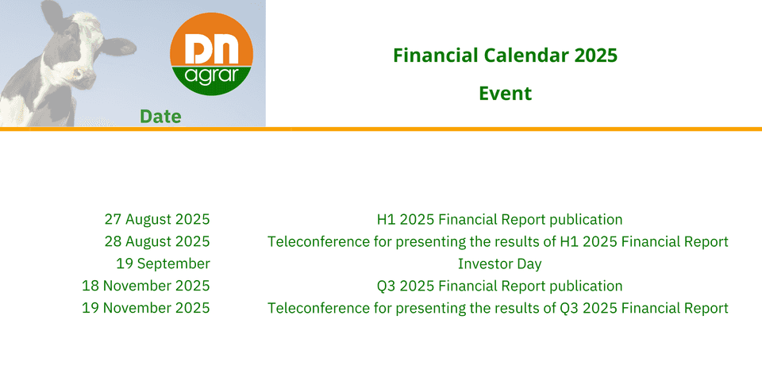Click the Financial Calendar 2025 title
pos(505,56)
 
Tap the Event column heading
pos(506,94)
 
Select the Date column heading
pos(160,117)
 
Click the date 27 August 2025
pos(157,220)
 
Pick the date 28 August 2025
pos(157,241)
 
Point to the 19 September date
pos(163,264)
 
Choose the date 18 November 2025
pos(146,286)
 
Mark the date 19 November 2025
pos(146,308)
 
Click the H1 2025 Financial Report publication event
pos(499,220)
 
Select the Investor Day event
pos(499,264)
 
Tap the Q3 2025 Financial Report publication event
pos(499,286)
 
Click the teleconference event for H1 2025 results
pos(498,241)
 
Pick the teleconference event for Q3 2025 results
pos(498,308)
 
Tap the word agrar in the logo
pos(211,76)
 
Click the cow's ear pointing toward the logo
pos(118,46)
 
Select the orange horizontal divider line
pos(381,129)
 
